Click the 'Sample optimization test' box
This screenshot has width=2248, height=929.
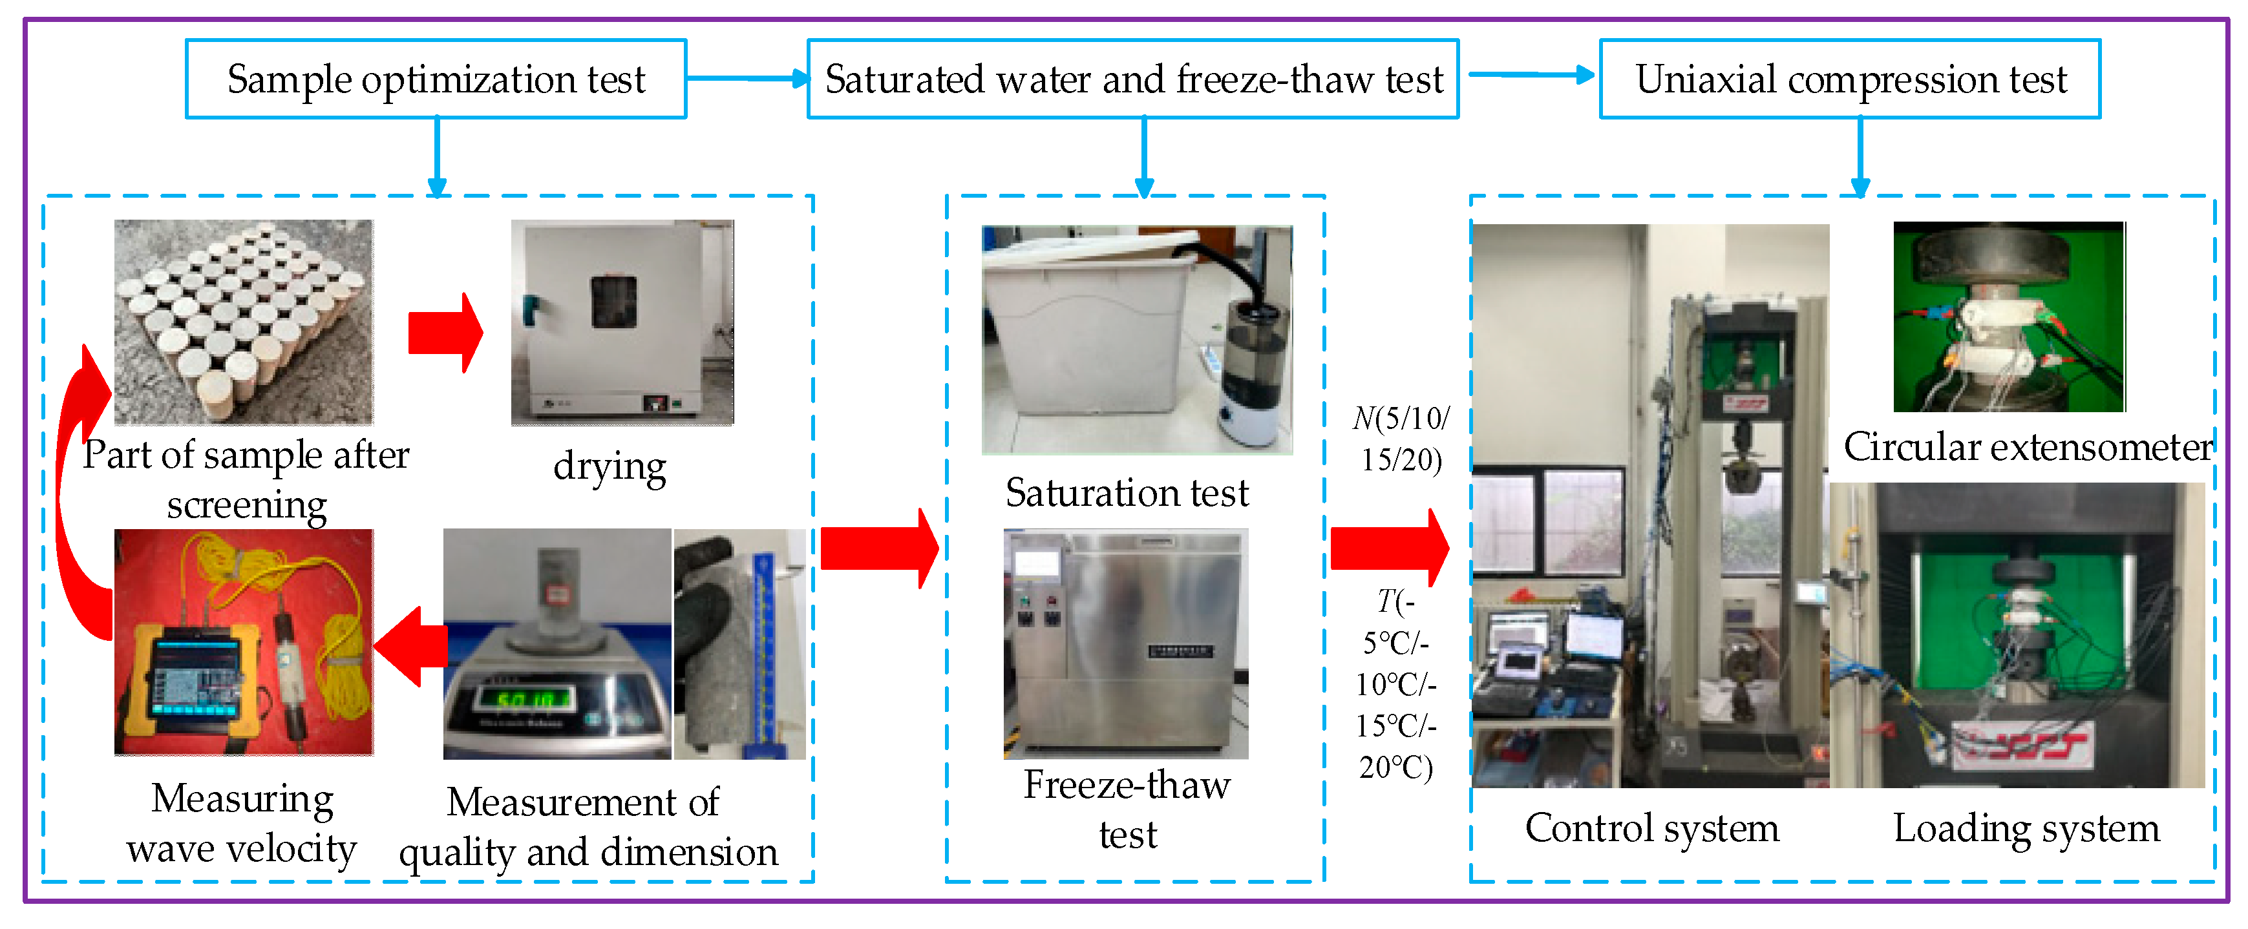coord(436,79)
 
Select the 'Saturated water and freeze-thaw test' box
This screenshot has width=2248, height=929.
coord(1133,79)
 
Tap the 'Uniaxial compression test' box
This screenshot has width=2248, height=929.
coord(1849,79)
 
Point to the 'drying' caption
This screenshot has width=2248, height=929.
coord(609,466)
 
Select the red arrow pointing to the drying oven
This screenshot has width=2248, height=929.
coord(445,332)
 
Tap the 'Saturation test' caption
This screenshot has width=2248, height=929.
coord(1127,493)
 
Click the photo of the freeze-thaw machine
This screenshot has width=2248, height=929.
coord(1126,643)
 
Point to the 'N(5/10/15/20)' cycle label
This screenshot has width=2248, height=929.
coord(1401,439)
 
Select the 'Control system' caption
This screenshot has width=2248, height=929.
coord(1651,828)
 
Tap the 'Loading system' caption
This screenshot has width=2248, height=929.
coord(2026,828)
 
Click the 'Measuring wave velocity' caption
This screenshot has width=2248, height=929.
coord(242,822)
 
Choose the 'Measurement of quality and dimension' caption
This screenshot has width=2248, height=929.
coord(588,826)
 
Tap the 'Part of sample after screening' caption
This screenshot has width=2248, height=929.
coord(246,479)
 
